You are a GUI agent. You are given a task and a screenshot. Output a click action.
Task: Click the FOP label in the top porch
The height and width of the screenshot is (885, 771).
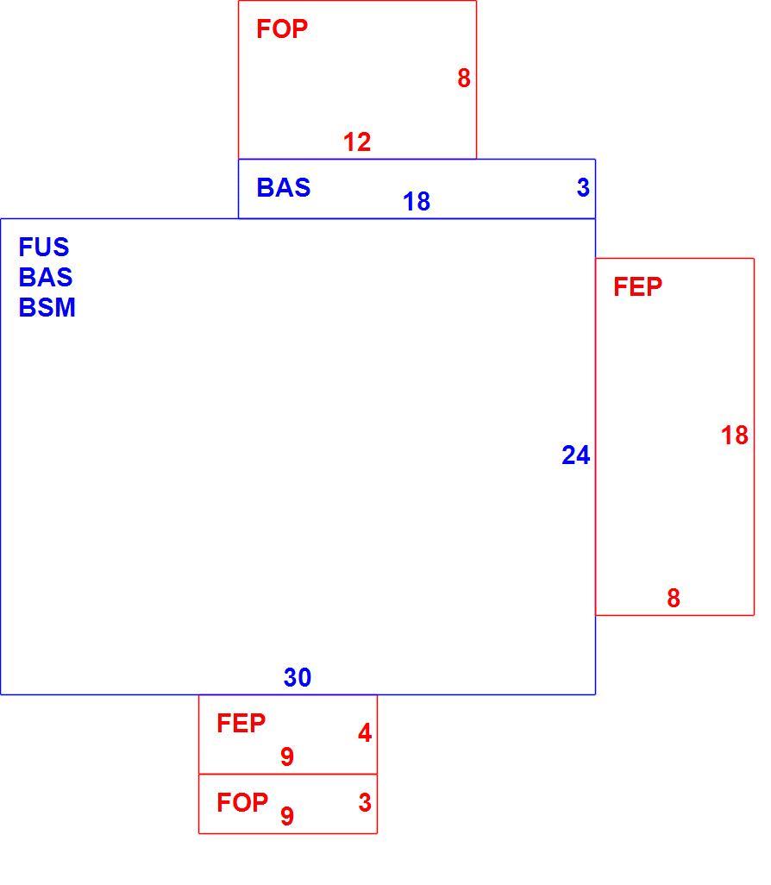pyautogui.click(x=282, y=28)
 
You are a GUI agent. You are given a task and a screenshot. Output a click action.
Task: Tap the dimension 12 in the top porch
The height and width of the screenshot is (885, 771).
pyautogui.click(x=357, y=141)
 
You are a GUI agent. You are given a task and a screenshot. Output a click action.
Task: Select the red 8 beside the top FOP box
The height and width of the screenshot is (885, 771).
pyautogui.click(x=464, y=78)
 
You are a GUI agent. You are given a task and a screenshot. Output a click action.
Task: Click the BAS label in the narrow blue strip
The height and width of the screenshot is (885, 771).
pyautogui.click(x=284, y=187)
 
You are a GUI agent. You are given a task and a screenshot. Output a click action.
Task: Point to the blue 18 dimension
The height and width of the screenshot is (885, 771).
pyautogui.click(x=417, y=202)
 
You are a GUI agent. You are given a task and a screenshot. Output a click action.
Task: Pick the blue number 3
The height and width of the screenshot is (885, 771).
pyautogui.click(x=583, y=187)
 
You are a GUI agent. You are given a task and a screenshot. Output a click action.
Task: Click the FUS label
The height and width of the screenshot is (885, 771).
pyautogui.click(x=44, y=247)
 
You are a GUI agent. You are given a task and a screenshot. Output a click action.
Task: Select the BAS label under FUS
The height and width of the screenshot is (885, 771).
pyautogui.click(x=46, y=277)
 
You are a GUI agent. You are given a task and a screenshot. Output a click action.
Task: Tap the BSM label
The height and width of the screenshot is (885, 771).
pyautogui.click(x=47, y=308)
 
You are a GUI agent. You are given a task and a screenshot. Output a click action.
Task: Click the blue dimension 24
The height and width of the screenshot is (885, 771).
pyautogui.click(x=576, y=455)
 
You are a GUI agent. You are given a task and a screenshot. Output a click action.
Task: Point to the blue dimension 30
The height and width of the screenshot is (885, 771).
pyautogui.click(x=298, y=677)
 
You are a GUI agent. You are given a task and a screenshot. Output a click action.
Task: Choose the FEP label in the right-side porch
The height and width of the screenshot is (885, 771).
pyautogui.click(x=638, y=286)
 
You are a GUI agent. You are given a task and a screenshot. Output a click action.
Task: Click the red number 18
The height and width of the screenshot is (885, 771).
pyautogui.click(x=735, y=435)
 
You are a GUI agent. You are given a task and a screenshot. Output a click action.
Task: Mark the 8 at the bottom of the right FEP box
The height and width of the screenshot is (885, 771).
pyautogui.click(x=674, y=599)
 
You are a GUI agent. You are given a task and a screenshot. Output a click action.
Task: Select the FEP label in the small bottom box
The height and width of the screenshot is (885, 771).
pyautogui.click(x=241, y=724)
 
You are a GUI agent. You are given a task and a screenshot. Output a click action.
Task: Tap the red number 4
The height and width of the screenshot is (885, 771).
pyautogui.click(x=365, y=732)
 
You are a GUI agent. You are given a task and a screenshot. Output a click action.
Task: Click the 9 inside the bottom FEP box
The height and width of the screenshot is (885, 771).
pyautogui.click(x=287, y=756)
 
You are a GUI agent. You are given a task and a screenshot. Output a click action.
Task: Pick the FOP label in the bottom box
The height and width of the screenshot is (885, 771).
pyautogui.click(x=242, y=802)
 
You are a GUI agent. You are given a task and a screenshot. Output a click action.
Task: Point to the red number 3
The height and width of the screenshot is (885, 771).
pyautogui.click(x=365, y=802)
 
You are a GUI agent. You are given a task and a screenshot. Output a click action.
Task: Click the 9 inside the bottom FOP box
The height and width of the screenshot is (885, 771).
pyautogui.click(x=287, y=816)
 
